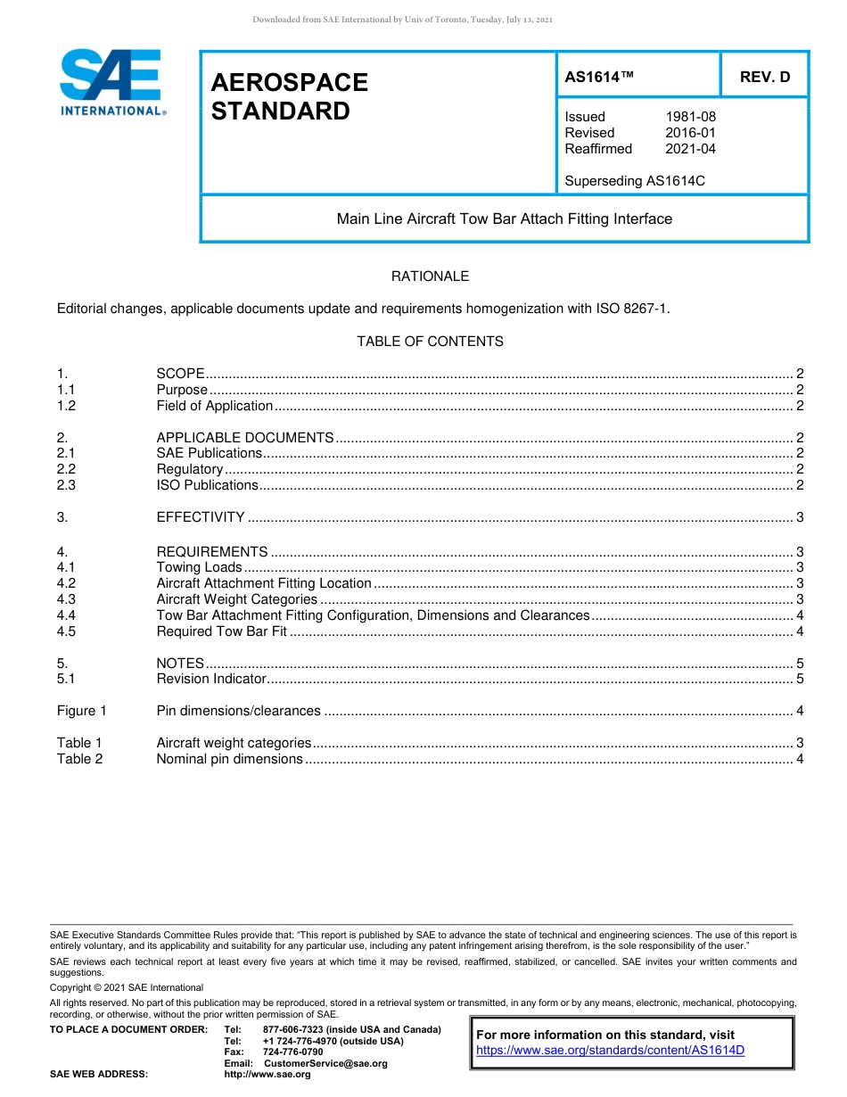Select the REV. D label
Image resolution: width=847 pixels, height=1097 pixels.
(x=764, y=77)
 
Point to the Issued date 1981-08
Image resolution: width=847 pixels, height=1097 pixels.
(x=690, y=117)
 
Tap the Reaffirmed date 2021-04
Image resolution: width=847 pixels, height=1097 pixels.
(x=690, y=149)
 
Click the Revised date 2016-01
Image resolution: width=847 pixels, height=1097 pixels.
(x=690, y=133)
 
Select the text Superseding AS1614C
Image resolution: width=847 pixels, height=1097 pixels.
(x=634, y=181)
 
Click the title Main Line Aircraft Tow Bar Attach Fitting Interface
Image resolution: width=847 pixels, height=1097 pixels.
(x=504, y=219)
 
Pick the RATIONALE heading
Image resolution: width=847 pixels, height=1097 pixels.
(x=430, y=276)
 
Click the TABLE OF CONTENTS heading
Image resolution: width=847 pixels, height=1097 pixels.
(x=430, y=342)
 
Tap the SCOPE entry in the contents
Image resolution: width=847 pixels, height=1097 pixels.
(x=180, y=374)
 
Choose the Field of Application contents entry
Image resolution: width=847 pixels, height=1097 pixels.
(x=214, y=406)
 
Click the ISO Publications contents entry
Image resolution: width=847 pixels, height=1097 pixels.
(x=207, y=485)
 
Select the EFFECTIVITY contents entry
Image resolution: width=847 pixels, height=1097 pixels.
(x=200, y=517)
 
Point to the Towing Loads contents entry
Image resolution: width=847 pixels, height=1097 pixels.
(x=199, y=567)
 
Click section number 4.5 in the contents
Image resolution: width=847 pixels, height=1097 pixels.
(x=66, y=631)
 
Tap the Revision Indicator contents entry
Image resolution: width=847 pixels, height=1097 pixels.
(x=211, y=679)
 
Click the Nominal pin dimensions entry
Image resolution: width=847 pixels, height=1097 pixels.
(x=229, y=759)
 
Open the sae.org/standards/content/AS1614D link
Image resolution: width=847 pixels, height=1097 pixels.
(x=610, y=1051)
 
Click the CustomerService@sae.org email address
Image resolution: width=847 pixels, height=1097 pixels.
(x=325, y=1063)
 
